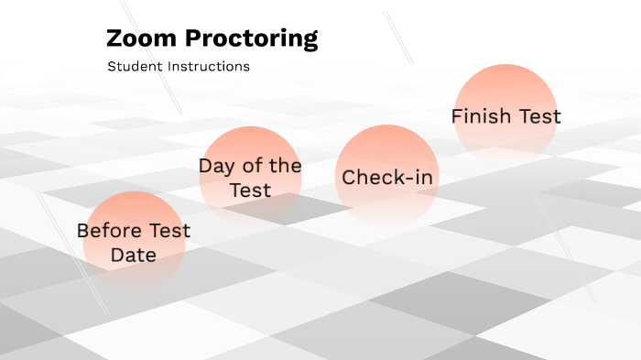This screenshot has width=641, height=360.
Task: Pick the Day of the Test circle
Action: [x=250, y=176]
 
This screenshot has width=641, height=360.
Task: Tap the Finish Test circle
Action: [x=505, y=115]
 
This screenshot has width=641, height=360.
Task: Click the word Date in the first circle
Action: [x=134, y=255]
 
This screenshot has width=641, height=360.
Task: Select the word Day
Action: [x=216, y=166]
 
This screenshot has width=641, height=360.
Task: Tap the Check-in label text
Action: [x=387, y=178]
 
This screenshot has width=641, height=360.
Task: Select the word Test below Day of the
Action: [x=250, y=190]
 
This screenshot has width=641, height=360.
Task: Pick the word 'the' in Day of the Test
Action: [x=284, y=166]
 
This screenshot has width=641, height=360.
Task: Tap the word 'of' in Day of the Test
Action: [x=250, y=166]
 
